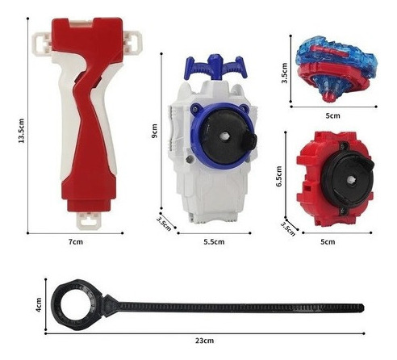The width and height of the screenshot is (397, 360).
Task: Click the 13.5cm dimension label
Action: tap(22, 131)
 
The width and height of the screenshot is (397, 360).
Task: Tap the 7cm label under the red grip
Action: tap(76, 241)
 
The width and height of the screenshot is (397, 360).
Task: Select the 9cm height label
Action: tap(155, 131)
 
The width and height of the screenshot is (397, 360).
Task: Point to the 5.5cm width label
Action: tap(214, 241)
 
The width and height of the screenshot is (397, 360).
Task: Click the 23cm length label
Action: tap(204, 341)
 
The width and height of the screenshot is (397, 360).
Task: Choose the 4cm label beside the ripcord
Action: tap(39, 305)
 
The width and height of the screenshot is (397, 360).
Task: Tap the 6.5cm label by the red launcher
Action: tap(279, 176)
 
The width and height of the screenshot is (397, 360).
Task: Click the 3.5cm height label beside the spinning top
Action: tap(285, 73)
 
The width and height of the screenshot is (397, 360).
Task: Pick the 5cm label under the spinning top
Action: tap(332, 115)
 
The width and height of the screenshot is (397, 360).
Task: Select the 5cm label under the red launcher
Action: tap(328, 241)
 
